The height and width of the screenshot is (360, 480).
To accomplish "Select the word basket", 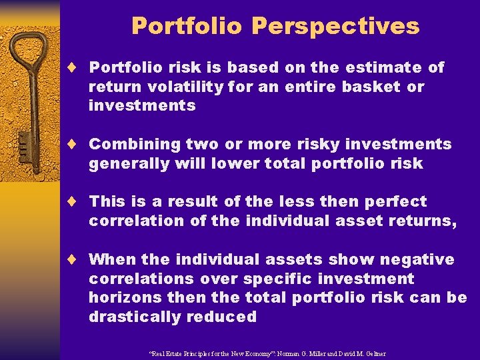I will pos(371,87).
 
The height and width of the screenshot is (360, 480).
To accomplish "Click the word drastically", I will pos(132,317).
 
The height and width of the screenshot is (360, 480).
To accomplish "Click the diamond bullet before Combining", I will pos(77,144).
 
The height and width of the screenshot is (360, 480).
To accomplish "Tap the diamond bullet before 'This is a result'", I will pos(77,201).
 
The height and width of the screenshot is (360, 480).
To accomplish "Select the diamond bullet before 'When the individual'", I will pos(77,259).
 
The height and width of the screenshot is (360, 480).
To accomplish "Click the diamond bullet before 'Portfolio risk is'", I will pos(77,67).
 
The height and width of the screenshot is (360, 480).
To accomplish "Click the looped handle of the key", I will pos(30,53).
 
